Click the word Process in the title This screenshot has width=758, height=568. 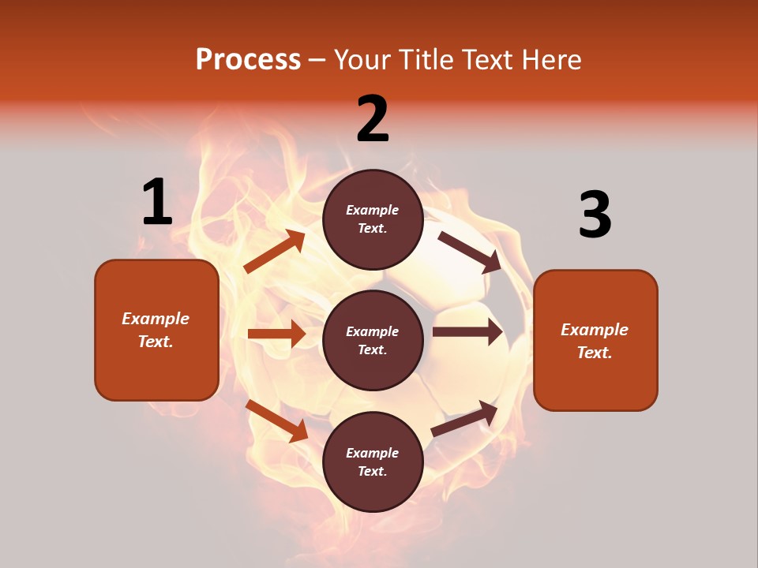point(248,60)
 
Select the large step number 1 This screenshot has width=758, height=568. point(157,203)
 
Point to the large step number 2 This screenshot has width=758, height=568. point(373,119)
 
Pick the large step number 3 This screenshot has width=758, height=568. point(595,215)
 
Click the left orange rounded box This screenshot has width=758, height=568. point(156,330)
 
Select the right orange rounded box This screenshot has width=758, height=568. point(595,340)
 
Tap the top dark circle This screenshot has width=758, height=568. point(373,219)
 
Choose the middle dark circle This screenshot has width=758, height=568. point(373,340)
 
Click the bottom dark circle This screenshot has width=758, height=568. point(373,461)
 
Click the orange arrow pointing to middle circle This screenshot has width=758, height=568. point(276,334)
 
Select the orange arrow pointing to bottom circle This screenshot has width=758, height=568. point(277,420)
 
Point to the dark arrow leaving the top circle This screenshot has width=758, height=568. point(470,252)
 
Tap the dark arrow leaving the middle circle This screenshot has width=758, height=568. point(467,332)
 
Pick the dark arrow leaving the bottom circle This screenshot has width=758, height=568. point(465,418)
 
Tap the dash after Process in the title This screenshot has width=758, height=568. point(317,61)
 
